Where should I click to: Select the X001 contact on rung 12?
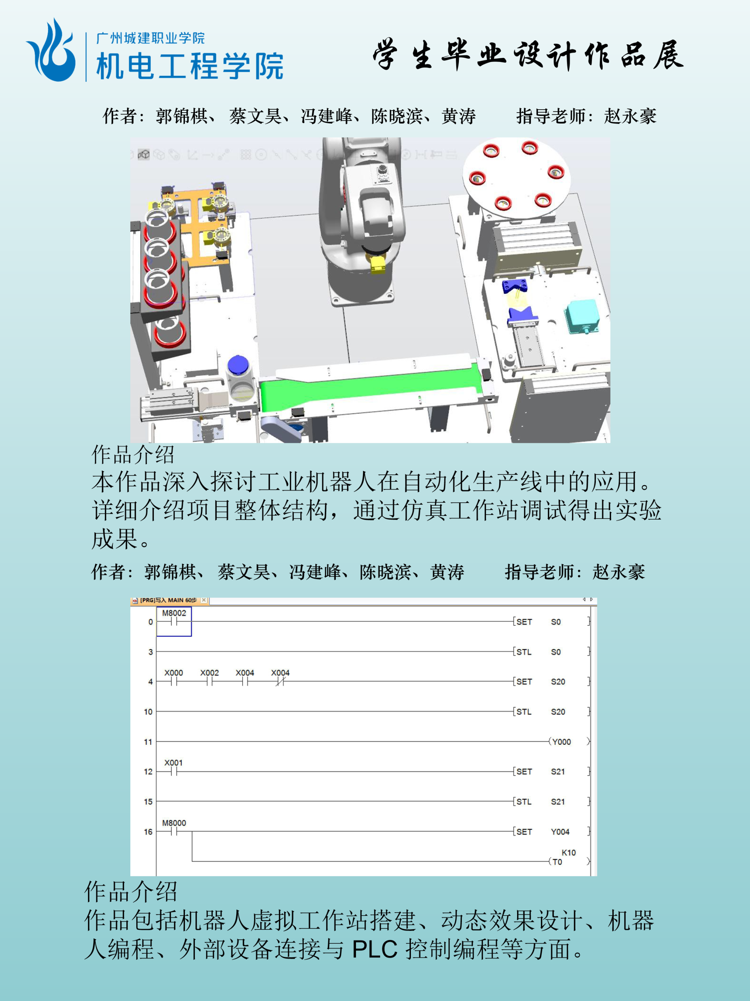pos(174,768)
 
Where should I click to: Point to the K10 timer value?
pos(569,852)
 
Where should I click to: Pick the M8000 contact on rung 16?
pos(174,828)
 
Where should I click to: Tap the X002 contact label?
pos(209,673)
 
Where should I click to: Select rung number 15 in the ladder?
pos(148,802)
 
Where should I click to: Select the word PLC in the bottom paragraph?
pos(374,949)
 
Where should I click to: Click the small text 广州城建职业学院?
pos(151,38)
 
